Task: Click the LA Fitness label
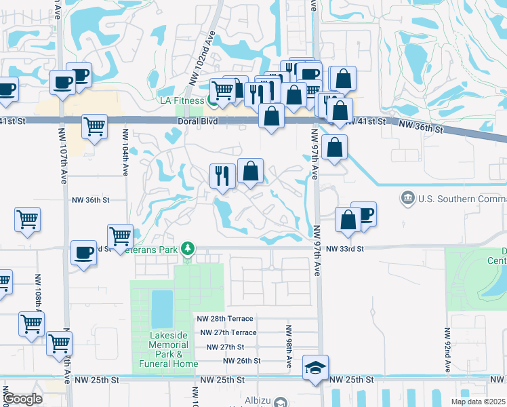[x=181, y=100]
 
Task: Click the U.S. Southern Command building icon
[x=408, y=198]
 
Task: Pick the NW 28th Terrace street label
[x=225, y=318]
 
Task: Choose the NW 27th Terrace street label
[x=227, y=332]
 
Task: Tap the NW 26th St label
[x=241, y=361]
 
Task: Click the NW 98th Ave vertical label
[x=288, y=346]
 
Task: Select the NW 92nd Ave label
[x=447, y=350]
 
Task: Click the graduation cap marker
[x=315, y=368]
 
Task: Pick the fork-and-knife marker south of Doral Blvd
[x=222, y=176]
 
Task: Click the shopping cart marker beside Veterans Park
[x=120, y=236]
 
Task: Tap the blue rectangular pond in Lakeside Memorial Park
[x=162, y=309]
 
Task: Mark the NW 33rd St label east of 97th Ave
[x=344, y=249]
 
